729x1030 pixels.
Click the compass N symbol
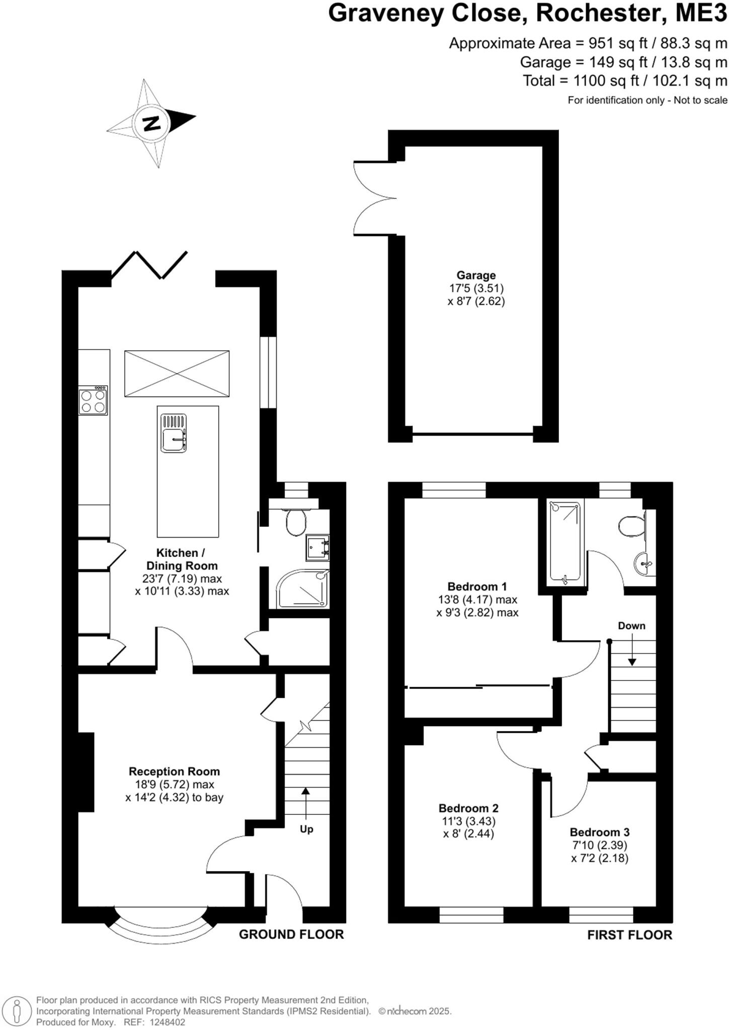pos(151,123)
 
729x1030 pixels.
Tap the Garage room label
pos(476,275)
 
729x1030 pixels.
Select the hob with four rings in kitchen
pos(93,401)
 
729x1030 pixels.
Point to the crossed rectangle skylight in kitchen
pos(177,374)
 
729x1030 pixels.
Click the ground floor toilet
pos(296,523)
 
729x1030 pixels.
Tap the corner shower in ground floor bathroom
pos(301,589)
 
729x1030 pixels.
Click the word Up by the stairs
pos(306,829)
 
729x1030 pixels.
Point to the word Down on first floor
pos(631,626)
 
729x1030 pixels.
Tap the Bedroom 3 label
pos(600,832)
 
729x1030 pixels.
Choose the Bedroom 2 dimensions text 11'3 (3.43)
pos(468,821)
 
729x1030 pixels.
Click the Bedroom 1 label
pos(477,586)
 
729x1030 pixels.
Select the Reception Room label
pos(174,771)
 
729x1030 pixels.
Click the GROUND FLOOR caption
pos(291,934)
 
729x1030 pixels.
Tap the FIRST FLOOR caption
pos(629,935)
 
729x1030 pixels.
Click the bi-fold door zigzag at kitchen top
pos(149,264)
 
